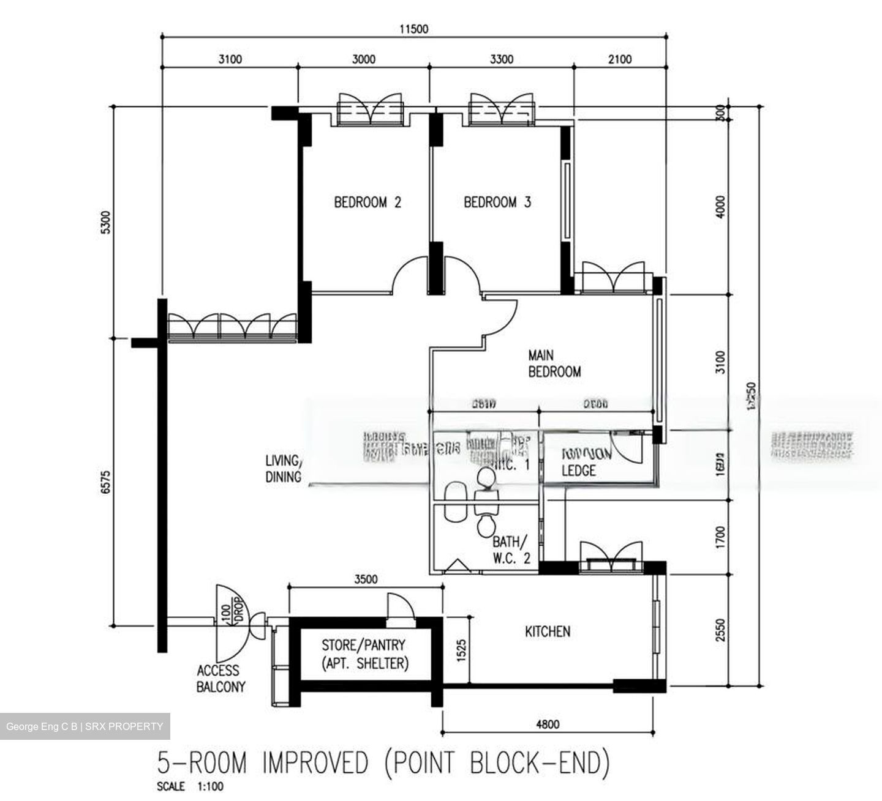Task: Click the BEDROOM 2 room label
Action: pos(367,202)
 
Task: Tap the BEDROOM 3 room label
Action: pos(497,202)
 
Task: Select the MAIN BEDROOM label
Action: pos(554,363)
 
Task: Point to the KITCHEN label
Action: pos(548,631)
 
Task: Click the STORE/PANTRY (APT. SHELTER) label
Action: pos(364,654)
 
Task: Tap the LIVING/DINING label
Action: pos(283,469)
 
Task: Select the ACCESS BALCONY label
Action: pos(220,679)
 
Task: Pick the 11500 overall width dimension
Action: pos(413,28)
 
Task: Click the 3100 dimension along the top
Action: pos(230,59)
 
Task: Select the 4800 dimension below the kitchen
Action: pos(548,725)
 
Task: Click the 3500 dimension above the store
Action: pos(366,579)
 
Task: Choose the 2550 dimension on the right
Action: pos(720,630)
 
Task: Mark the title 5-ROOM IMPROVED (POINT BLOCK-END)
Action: pos(384,763)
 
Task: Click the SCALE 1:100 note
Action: pos(190,787)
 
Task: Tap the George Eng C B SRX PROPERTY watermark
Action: pos(85,726)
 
